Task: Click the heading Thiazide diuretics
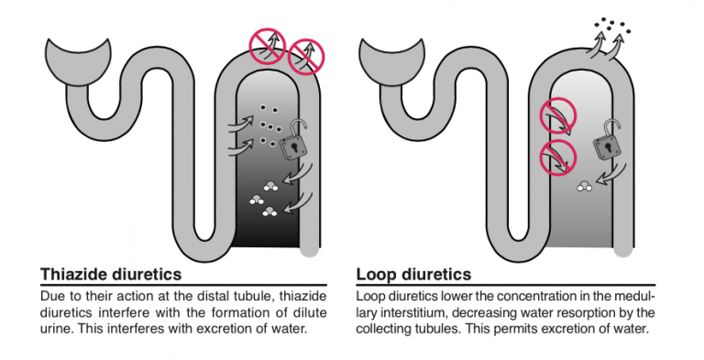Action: click(x=111, y=274)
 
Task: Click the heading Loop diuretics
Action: click(x=413, y=274)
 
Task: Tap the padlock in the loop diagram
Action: click(x=608, y=140)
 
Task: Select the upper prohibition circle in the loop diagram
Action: click(x=557, y=116)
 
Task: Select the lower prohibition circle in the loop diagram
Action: click(x=557, y=158)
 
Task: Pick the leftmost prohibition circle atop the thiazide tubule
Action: click(x=268, y=47)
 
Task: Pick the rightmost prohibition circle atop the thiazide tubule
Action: click(x=306, y=57)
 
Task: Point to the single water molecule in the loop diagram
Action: click(x=585, y=186)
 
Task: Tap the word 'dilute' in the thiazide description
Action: click(x=312, y=312)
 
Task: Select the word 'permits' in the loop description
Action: click(x=518, y=329)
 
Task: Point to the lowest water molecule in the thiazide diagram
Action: click(x=269, y=212)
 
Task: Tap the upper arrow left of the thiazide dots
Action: click(x=241, y=124)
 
